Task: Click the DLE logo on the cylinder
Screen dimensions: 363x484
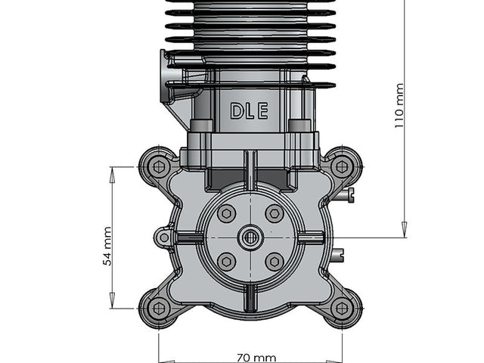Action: coord(249,112)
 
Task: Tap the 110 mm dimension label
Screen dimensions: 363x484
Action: coord(399,106)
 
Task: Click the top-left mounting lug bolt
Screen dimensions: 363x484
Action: coord(158,166)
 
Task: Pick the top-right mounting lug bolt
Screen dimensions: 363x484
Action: coord(342,166)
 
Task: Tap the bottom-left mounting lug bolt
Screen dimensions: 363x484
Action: coord(158,308)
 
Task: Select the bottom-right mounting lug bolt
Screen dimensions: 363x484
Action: coord(342,308)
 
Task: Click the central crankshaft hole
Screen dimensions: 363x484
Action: coord(250,237)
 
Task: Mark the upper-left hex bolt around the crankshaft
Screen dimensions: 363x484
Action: coord(226,214)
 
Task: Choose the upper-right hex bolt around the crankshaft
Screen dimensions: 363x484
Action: coord(275,214)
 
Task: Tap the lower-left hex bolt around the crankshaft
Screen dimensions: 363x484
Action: coord(226,262)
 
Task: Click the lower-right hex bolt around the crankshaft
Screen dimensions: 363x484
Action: coord(275,262)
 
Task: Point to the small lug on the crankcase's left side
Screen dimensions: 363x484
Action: coord(163,237)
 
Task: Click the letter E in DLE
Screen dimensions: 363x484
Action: coord(262,112)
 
